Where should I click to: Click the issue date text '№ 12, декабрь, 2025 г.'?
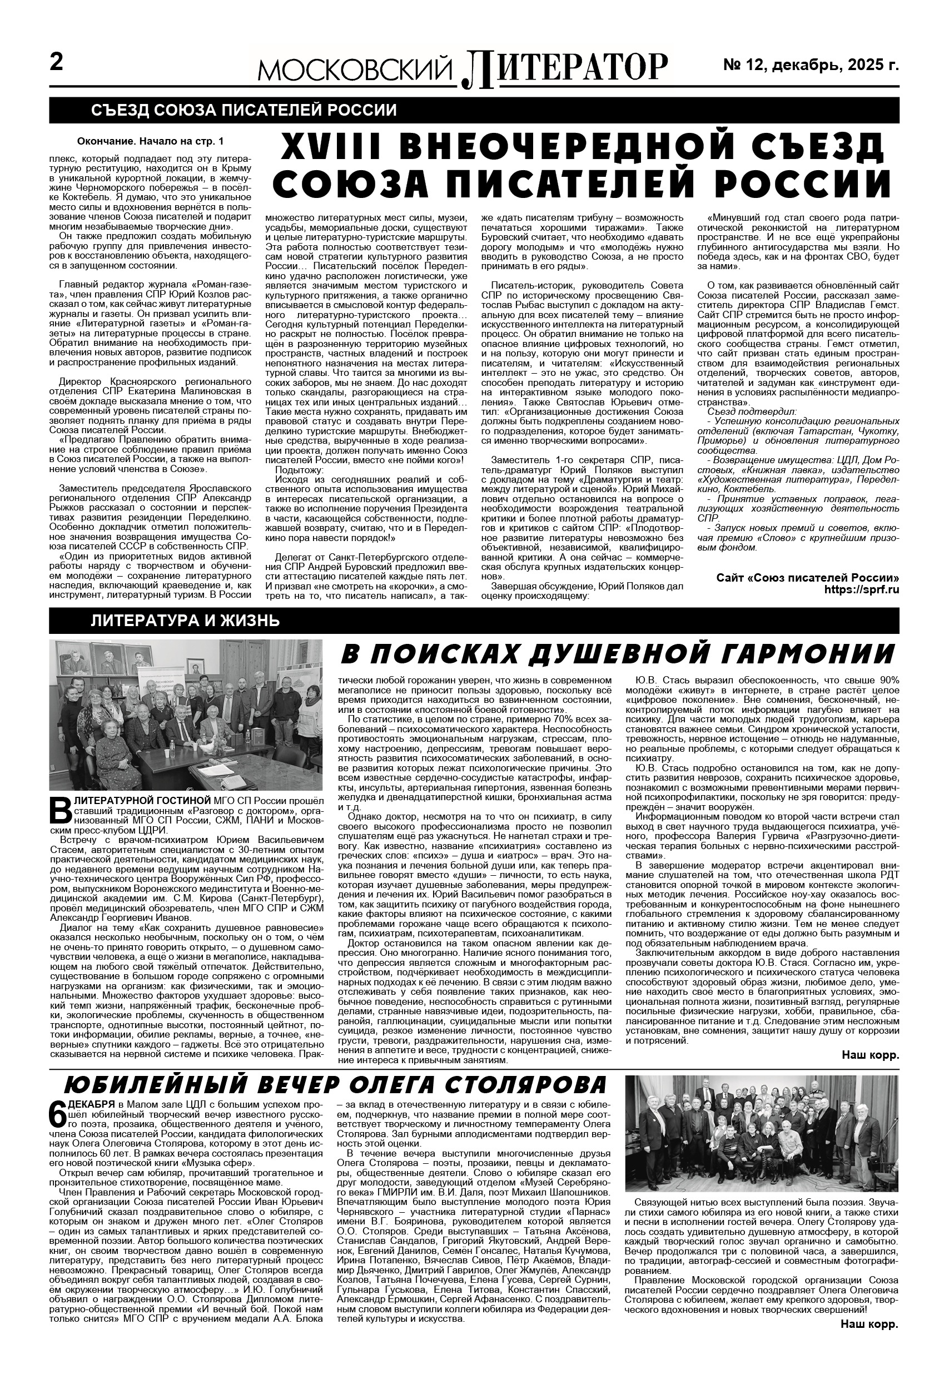pyautogui.click(x=810, y=65)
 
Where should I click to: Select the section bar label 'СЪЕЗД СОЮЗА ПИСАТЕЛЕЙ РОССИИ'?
pyautogui.click(x=244, y=111)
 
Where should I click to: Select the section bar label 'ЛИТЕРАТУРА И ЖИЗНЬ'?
pyautogui.click(x=185, y=622)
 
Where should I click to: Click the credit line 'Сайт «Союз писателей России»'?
pyautogui.click(x=807, y=578)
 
